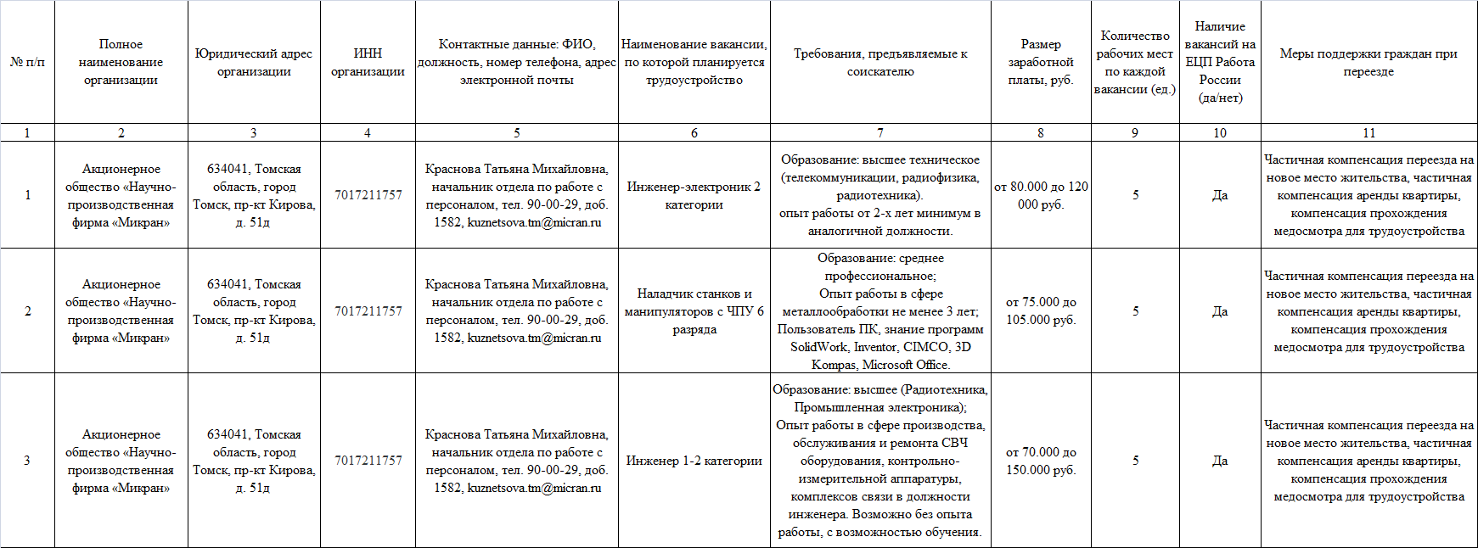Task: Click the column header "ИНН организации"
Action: pos(368,62)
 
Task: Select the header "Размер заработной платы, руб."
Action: pos(1041,62)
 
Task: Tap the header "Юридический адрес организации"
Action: pos(254,62)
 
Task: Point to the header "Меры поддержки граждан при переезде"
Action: pos(1368,62)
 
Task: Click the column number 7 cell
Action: pos(879,132)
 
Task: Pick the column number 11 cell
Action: pos(1368,132)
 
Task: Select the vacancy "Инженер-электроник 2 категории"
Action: pos(694,195)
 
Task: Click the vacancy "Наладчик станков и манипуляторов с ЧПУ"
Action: pos(694,311)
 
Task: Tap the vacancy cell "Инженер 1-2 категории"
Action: pos(694,461)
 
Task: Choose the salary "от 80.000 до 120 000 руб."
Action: pos(1041,195)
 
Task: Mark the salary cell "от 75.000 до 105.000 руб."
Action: pos(1041,311)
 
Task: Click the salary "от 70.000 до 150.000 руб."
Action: pos(1041,461)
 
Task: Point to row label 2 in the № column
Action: pos(27,311)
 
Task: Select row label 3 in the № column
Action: pos(27,461)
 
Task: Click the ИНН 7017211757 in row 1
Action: pos(368,195)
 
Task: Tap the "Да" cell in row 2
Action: pos(1219,311)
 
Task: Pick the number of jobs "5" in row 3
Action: pos(1135,461)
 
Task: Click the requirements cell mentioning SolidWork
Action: pos(879,311)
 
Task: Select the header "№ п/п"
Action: pos(27,62)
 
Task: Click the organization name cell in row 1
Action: pos(121,195)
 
